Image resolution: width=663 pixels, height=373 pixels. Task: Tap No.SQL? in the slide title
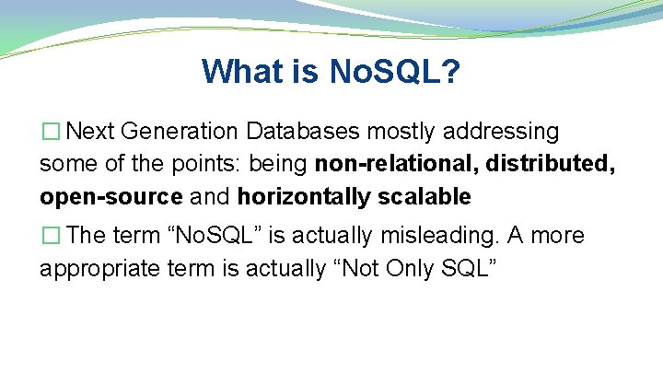coord(396,71)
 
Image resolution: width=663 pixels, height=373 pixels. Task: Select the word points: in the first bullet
coord(273,164)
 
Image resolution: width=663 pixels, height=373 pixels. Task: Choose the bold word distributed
coord(549,164)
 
